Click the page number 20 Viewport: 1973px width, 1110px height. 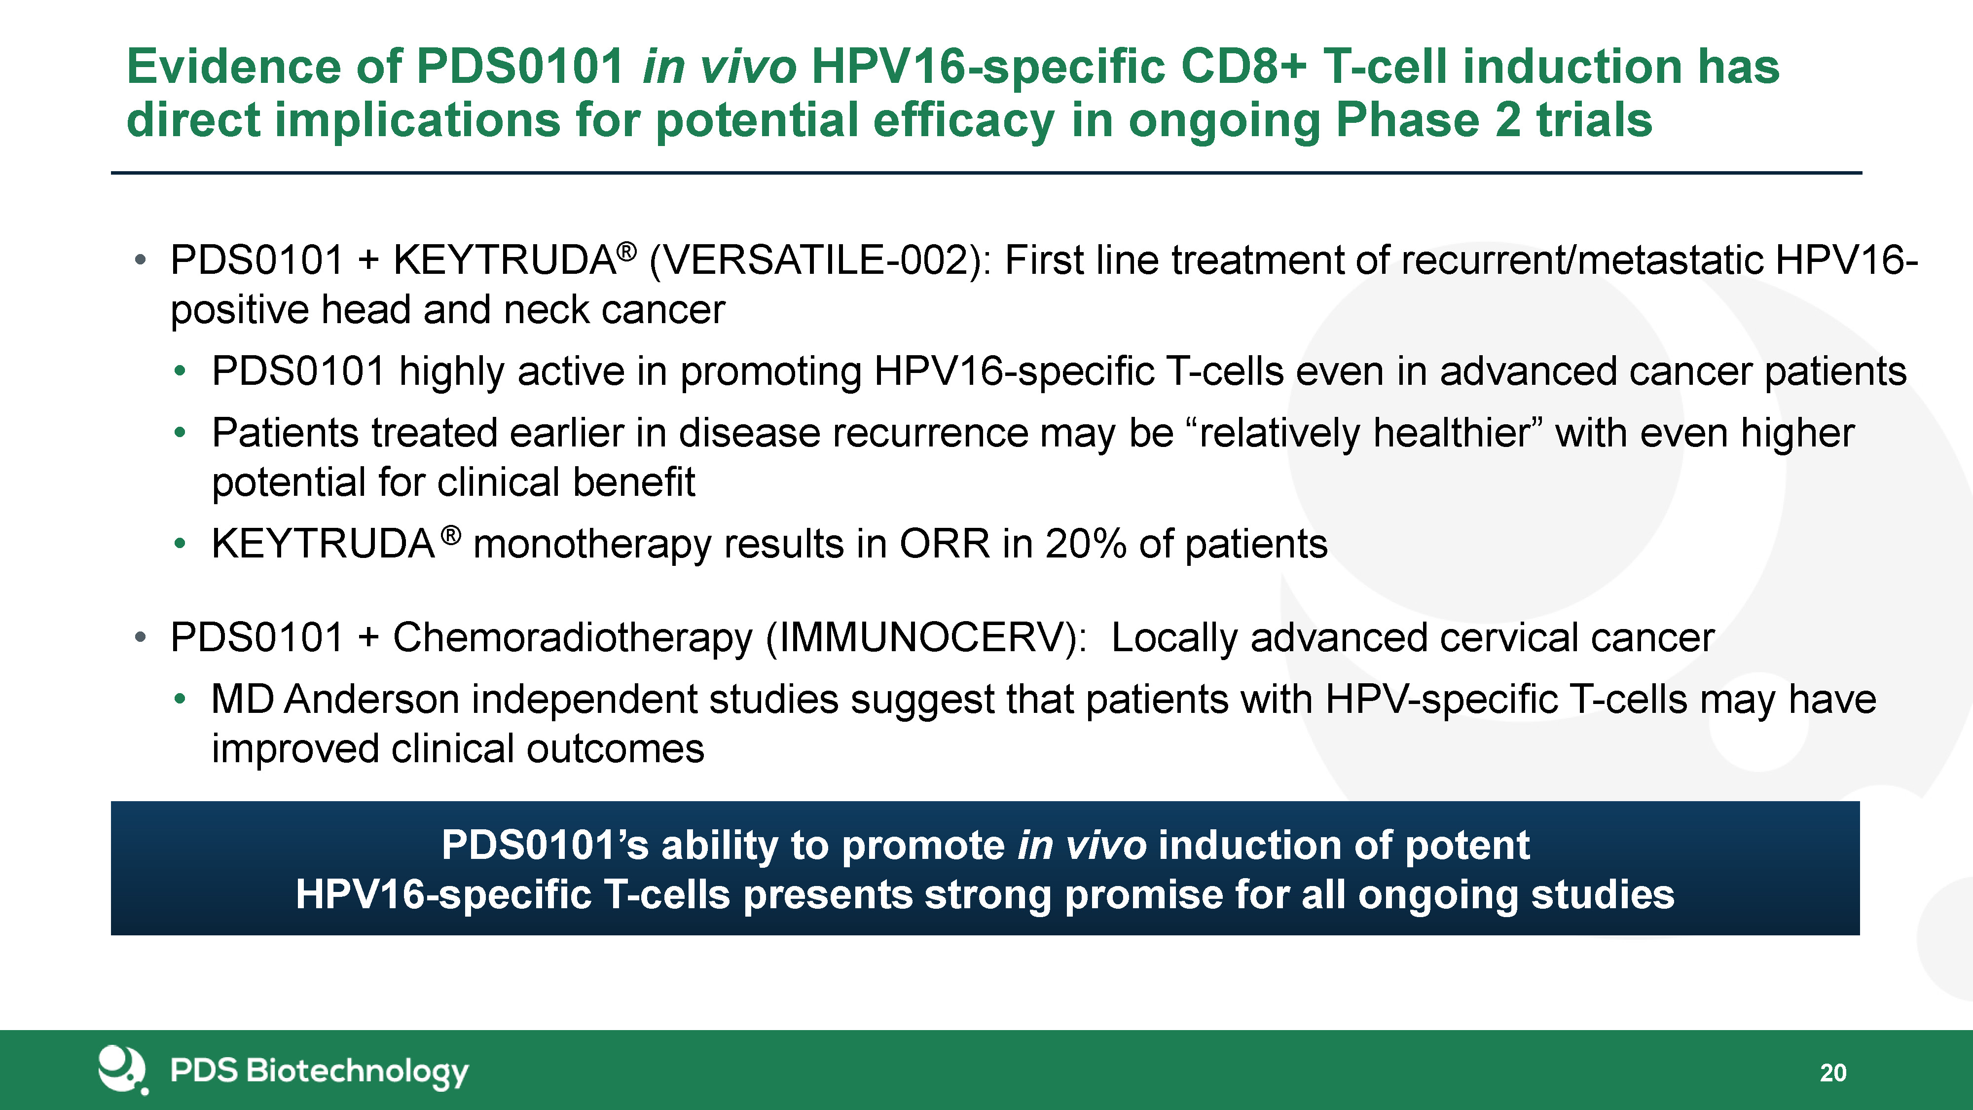click(x=1833, y=1073)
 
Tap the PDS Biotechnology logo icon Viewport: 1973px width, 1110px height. click(x=122, y=1070)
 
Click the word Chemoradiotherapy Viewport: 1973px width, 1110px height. click(x=573, y=637)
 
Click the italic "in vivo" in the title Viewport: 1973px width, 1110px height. click(x=719, y=66)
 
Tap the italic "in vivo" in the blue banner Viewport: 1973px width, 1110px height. click(x=1082, y=845)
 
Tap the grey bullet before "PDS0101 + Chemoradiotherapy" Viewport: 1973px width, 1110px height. click(x=140, y=637)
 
